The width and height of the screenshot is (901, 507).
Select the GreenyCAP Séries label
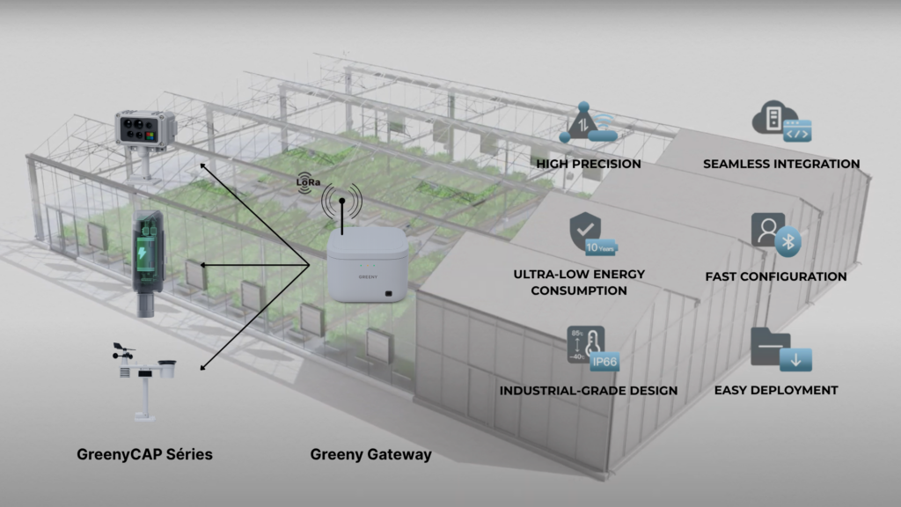click(x=143, y=454)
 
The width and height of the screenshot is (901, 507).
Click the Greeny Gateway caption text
click(x=370, y=454)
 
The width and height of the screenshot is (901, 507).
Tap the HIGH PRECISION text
click(x=588, y=164)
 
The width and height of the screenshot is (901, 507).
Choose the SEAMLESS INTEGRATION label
click(x=781, y=164)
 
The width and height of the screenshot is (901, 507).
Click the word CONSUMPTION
click(x=579, y=290)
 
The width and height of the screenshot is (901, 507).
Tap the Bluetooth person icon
click(x=775, y=234)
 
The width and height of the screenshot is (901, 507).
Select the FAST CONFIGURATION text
click(x=775, y=276)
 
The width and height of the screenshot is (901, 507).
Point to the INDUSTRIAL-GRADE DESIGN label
click(x=588, y=390)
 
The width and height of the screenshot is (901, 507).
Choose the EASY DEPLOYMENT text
click(x=775, y=390)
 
